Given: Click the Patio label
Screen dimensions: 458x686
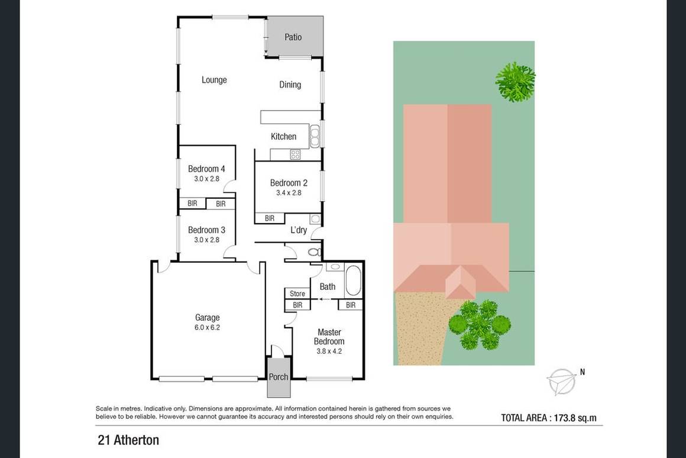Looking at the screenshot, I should click(x=293, y=37).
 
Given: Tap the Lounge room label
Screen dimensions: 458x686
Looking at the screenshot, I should click(x=214, y=80).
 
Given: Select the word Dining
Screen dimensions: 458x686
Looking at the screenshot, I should click(x=290, y=85).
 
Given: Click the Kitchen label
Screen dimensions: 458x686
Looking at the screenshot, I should click(x=283, y=137).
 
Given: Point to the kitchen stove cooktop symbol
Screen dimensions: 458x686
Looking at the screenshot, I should click(x=295, y=154).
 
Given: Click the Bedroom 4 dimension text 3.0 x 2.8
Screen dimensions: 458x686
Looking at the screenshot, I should click(x=206, y=179).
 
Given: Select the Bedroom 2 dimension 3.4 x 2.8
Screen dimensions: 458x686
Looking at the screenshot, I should click(x=289, y=193).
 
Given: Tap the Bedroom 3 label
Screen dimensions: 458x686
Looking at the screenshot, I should click(x=206, y=230).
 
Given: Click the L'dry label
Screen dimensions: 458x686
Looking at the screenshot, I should click(x=299, y=230).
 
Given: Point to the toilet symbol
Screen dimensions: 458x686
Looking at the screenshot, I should click(x=314, y=252).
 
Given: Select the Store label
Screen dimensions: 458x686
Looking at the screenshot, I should click(x=297, y=294).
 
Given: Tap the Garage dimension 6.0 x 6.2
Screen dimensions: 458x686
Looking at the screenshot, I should click(x=207, y=327).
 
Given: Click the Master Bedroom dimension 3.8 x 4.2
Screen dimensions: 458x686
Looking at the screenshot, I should click(x=329, y=351).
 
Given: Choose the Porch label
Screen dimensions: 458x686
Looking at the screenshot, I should click(x=279, y=377).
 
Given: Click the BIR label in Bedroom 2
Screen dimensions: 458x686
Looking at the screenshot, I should click(x=270, y=218).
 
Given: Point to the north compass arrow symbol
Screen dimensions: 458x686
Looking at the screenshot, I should click(x=562, y=381).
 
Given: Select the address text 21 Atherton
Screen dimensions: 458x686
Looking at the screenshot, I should click(x=128, y=440).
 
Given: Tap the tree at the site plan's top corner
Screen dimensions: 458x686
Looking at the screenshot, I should click(x=515, y=82).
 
